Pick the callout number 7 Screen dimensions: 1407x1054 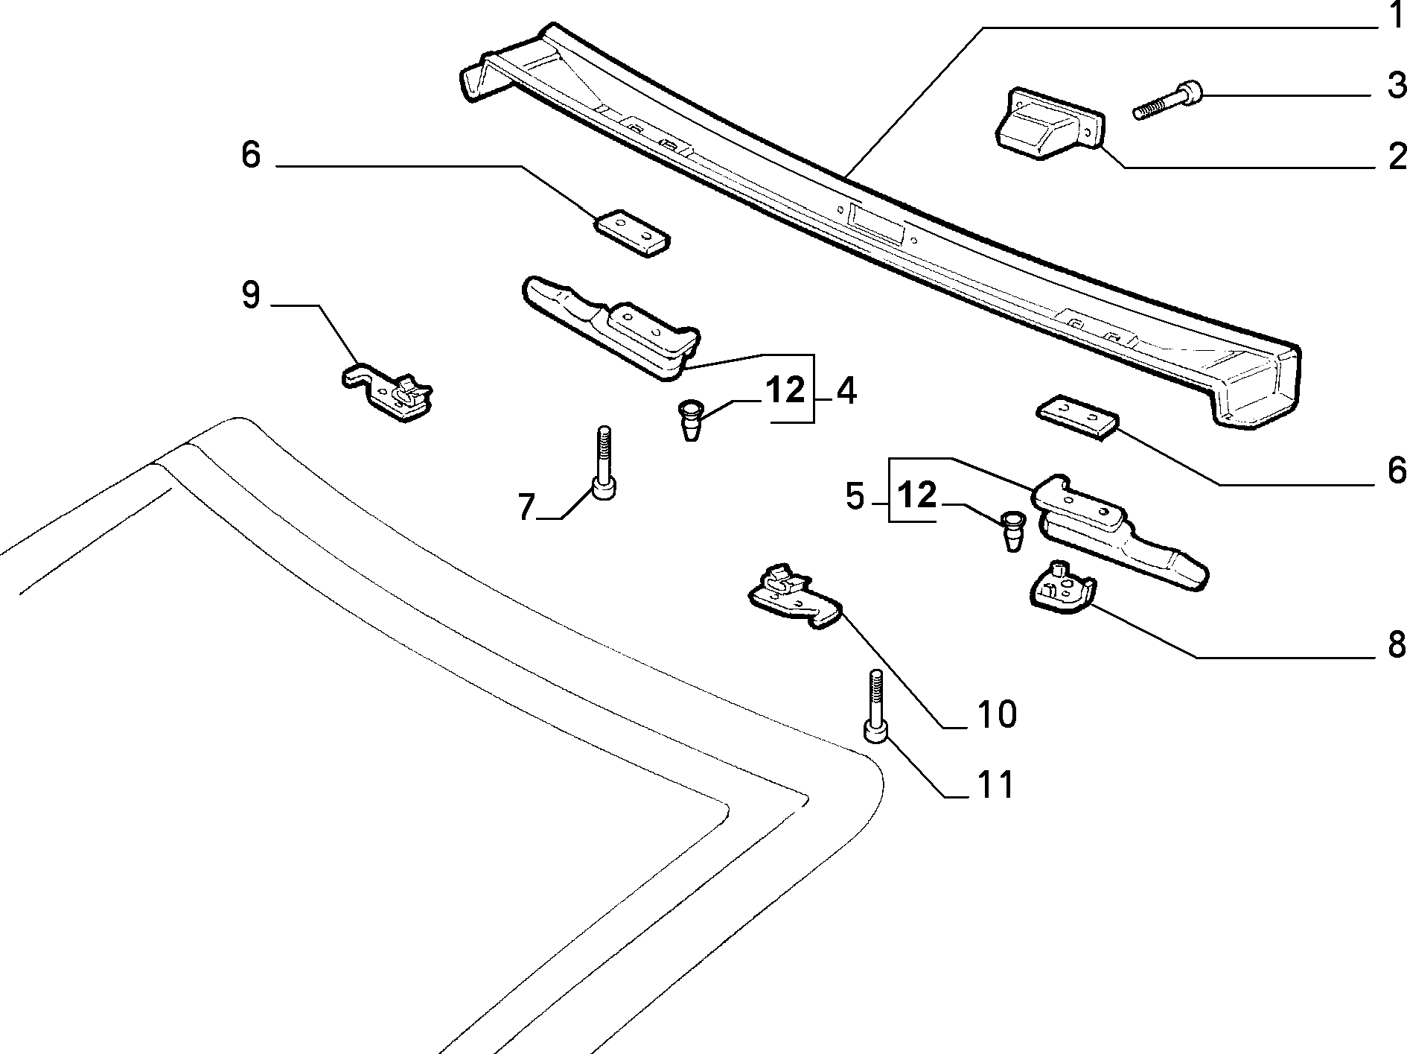526,507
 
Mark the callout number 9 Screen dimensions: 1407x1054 251,296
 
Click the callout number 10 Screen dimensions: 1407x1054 996,714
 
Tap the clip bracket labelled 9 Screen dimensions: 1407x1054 388,392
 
